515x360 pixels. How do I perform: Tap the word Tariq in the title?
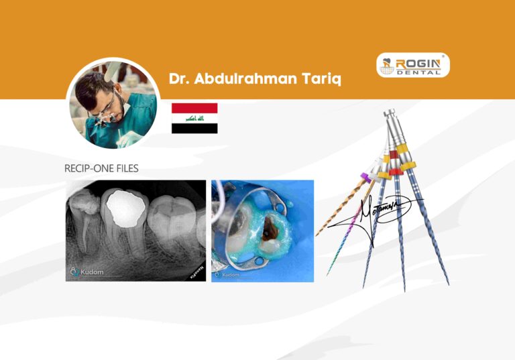coord(320,80)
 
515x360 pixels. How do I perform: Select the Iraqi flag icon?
coord(194,118)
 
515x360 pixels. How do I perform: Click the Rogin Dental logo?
coord(412,66)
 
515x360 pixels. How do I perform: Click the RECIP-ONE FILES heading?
coord(101,168)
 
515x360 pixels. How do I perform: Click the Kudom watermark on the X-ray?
coord(86,272)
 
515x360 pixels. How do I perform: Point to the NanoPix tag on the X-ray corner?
coord(196,271)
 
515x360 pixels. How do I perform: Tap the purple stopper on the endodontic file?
coord(366,178)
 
